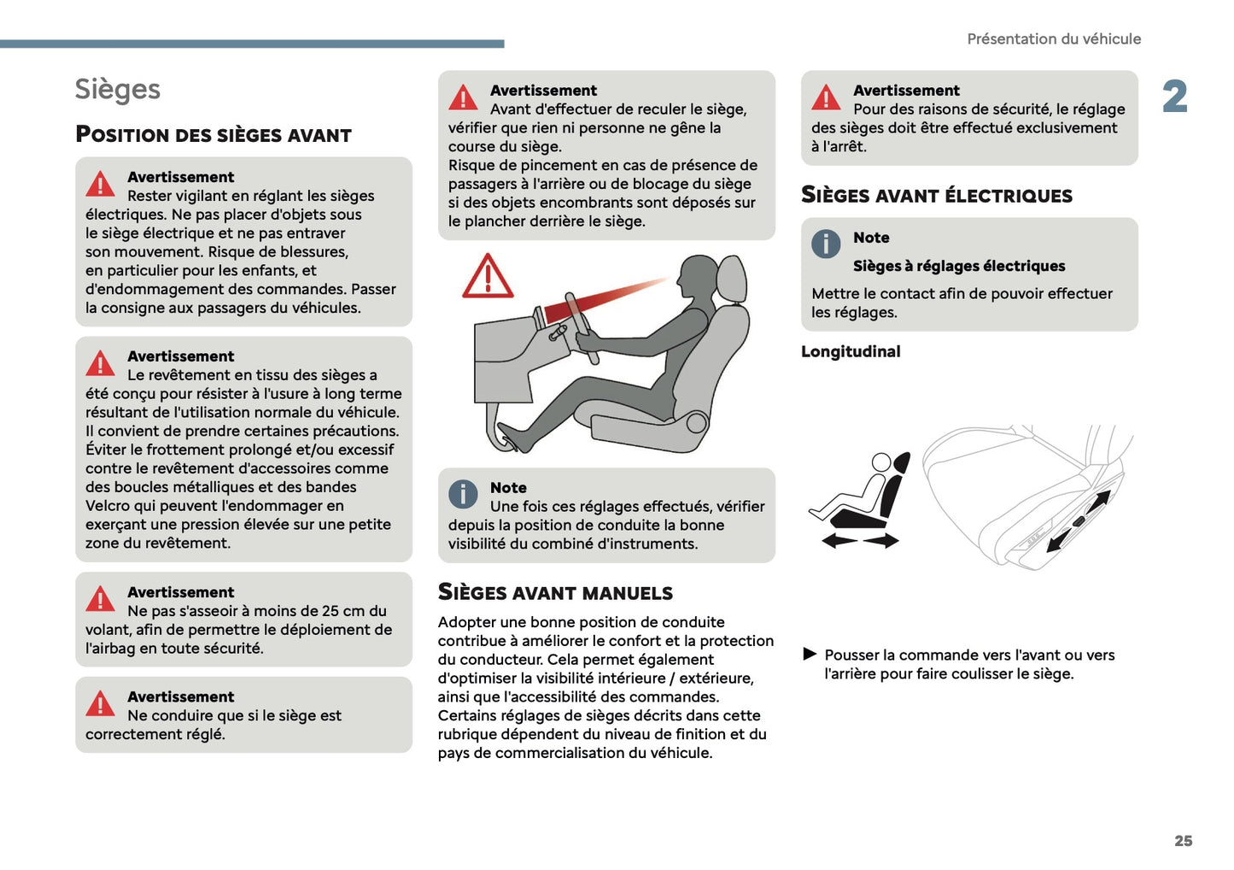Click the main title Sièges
(117, 90)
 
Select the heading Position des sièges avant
(213, 135)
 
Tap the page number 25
(1183, 841)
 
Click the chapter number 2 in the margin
(1175, 97)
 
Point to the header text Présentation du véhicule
(1053, 39)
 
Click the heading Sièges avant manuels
(555, 592)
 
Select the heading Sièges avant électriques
(936, 196)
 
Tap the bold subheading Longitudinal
(851, 351)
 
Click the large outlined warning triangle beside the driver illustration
(488, 277)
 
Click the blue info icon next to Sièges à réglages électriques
(826, 244)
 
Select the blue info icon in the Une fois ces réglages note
(463, 494)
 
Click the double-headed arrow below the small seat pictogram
(860, 540)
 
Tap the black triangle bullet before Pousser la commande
(810, 655)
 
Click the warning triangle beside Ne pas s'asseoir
(100, 599)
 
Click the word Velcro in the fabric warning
(108, 506)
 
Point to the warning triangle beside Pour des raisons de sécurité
(826, 98)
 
